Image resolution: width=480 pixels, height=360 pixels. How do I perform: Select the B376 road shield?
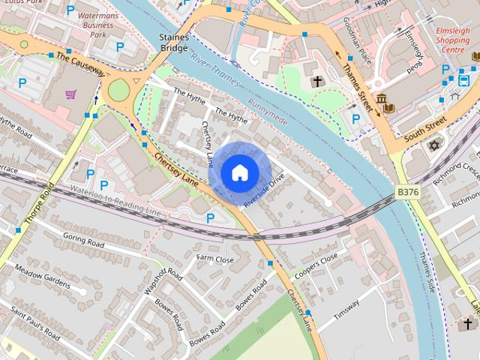[x=407, y=193]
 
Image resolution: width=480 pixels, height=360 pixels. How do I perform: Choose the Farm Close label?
[x=215, y=259]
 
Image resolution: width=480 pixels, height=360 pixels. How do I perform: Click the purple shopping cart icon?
[x=70, y=94]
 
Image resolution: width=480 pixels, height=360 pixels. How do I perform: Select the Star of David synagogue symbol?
[x=432, y=144]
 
